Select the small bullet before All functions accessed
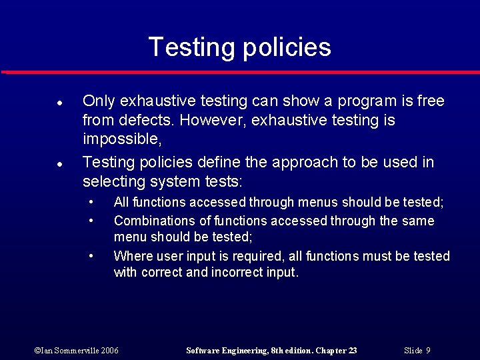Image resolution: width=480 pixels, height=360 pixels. click(x=91, y=202)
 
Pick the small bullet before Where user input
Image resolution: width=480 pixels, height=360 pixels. click(x=91, y=256)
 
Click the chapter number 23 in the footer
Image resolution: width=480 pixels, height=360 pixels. click(x=351, y=351)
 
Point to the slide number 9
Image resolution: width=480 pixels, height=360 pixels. click(x=428, y=351)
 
